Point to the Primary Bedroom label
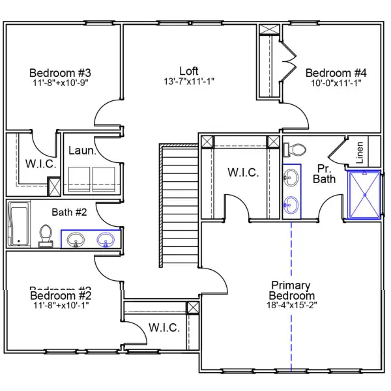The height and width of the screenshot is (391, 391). click(x=291, y=291)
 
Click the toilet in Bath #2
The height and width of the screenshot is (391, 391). click(x=46, y=235)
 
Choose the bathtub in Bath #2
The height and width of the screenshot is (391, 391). click(x=18, y=224)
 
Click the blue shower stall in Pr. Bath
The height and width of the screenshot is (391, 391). click(x=365, y=194)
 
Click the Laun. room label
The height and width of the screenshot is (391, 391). click(x=83, y=151)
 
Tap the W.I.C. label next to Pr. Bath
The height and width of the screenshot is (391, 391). click(x=243, y=173)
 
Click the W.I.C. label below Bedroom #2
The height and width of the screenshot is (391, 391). click(x=164, y=327)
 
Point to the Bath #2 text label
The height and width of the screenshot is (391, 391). click(x=71, y=211)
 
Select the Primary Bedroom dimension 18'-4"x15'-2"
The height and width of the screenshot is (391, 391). click(x=291, y=306)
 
